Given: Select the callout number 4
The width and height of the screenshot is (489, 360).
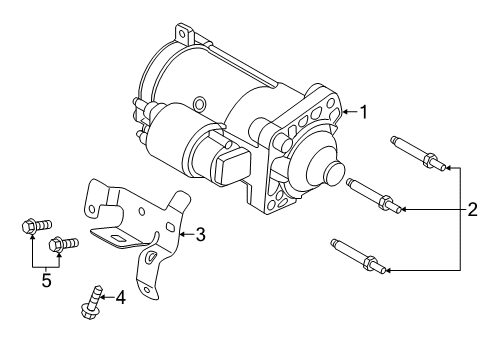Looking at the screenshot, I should (x=121, y=296).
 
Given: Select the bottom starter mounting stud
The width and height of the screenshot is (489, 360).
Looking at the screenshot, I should (x=354, y=255).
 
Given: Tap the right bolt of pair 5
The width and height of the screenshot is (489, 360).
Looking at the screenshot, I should (x=65, y=241).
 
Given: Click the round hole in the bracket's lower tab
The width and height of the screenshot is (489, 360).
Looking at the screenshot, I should (x=149, y=259).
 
